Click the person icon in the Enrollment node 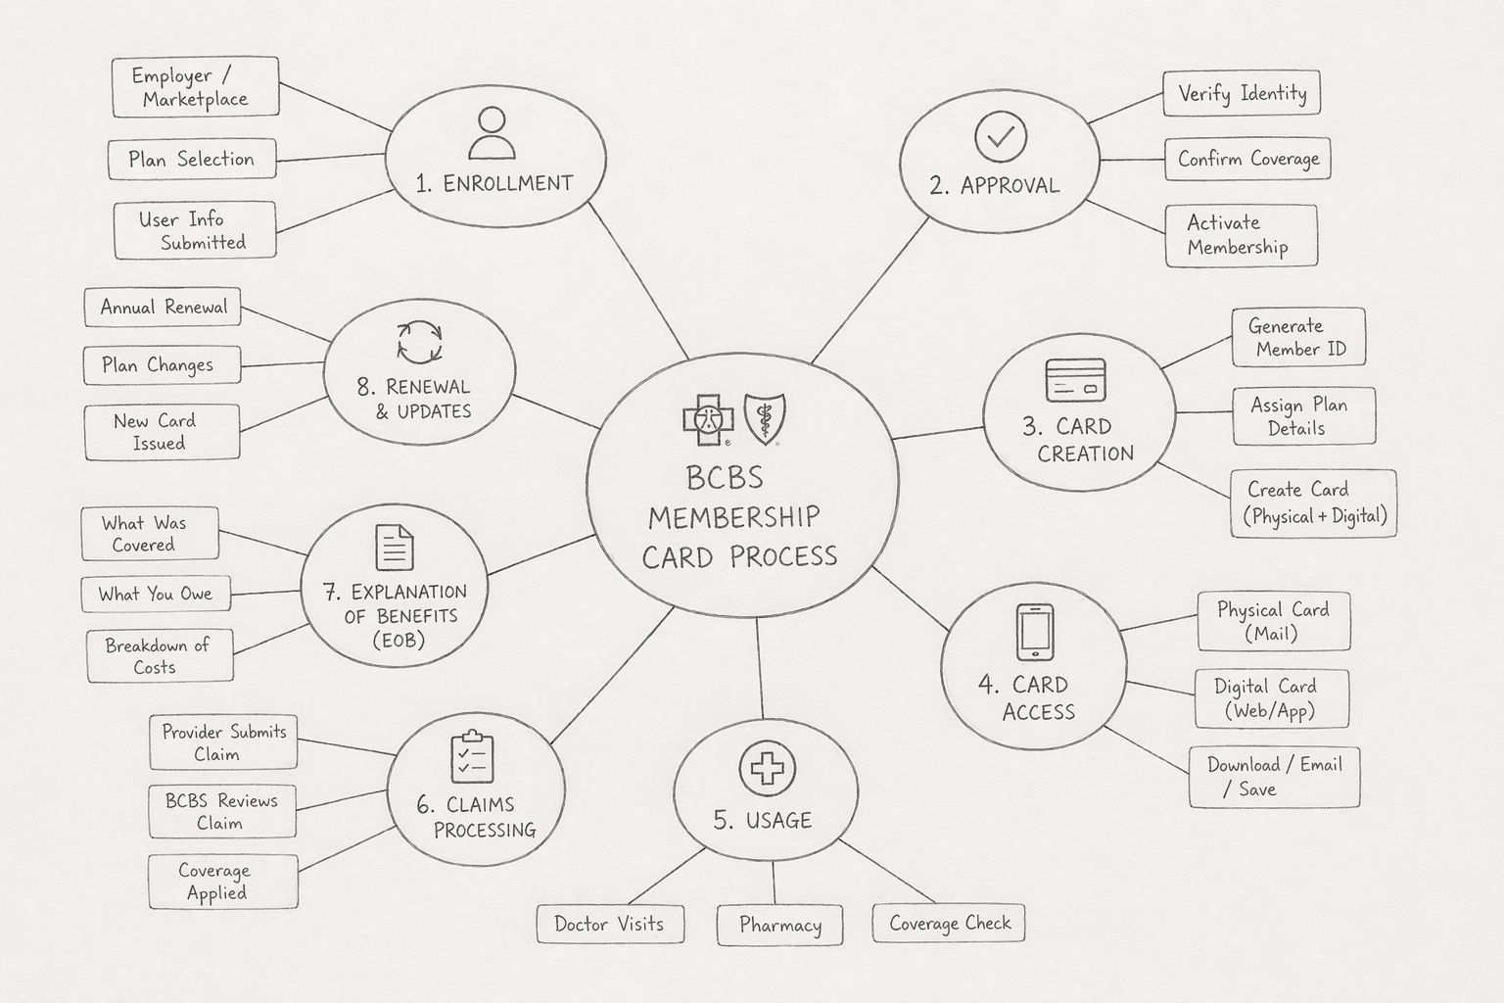point(492,133)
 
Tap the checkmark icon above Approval point(1001,137)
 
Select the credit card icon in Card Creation point(1075,380)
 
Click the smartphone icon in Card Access point(1035,632)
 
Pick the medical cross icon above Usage point(767,768)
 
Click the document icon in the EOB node point(395,547)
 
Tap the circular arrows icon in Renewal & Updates point(419,342)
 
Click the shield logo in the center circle point(765,418)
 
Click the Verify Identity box point(1242,94)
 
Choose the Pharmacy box point(779,926)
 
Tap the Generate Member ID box point(1298,338)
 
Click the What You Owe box point(156,594)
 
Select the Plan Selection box point(191,160)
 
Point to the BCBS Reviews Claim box point(222,811)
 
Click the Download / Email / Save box point(1274,777)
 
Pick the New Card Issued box point(162,432)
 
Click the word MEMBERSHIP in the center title point(733,517)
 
